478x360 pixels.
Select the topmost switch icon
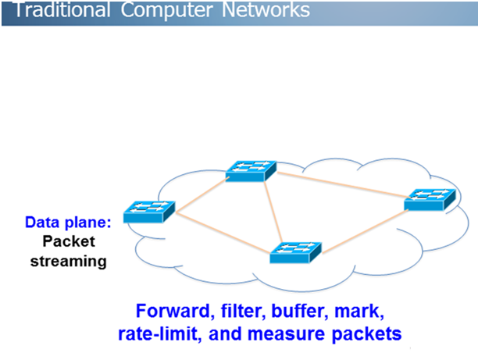pyautogui.click(x=250, y=171)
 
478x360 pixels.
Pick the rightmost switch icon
pyautogui.click(x=429, y=200)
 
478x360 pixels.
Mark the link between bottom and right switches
pyautogui.click(x=363, y=231)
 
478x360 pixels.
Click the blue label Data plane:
pyautogui.click(x=68, y=223)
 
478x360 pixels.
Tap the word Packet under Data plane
pyautogui.click(x=68, y=241)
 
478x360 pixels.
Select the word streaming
pyautogui.click(x=68, y=261)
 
